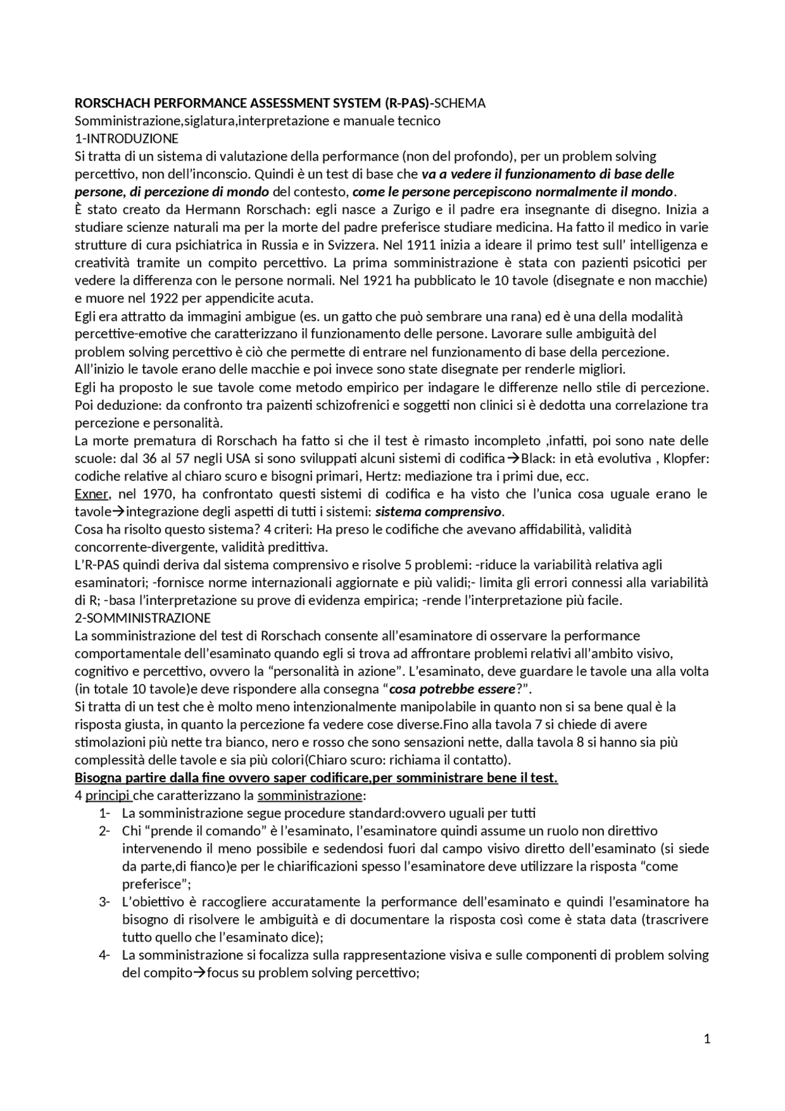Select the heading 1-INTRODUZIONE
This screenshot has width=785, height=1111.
click(126, 139)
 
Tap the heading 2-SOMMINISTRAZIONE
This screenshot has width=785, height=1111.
click(142, 618)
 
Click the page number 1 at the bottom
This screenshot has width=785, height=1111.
click(707, 1039)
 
